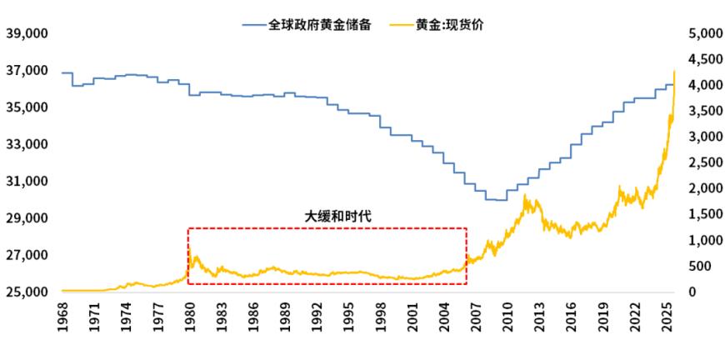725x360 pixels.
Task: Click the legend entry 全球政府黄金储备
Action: (x=316, y=25)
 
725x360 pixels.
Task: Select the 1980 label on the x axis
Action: (x=190, y=319)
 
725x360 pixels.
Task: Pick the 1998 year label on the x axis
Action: (x=381, y=319)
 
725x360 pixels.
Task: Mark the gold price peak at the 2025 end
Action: (x=673, y=71)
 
